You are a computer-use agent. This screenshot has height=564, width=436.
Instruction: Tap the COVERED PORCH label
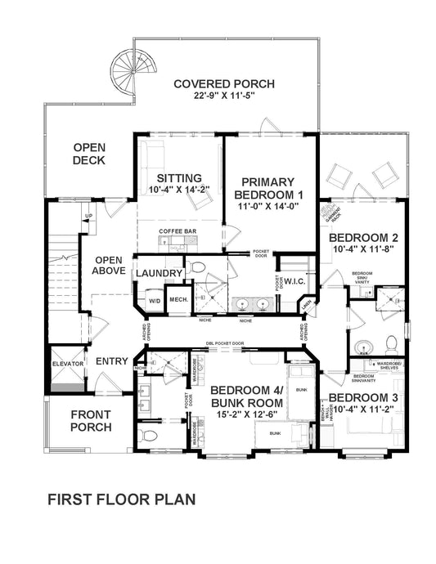(x=223, y=83)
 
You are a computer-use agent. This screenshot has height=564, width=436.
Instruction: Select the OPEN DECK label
(x=89, y=154)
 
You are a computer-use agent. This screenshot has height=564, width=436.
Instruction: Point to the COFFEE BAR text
(x=178, y=232)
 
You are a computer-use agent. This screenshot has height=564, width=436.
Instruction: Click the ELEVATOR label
(x=65, y=364)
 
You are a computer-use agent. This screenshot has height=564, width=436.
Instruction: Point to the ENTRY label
(x=112, y=361)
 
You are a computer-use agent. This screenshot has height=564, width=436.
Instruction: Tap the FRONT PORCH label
(x=91, y=420)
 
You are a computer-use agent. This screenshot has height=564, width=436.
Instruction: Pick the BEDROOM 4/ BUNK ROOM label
(x=246, y=396)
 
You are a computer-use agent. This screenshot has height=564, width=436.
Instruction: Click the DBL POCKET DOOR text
(x=227, y=343)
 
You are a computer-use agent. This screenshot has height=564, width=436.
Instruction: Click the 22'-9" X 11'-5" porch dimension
(x=223, y=96)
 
